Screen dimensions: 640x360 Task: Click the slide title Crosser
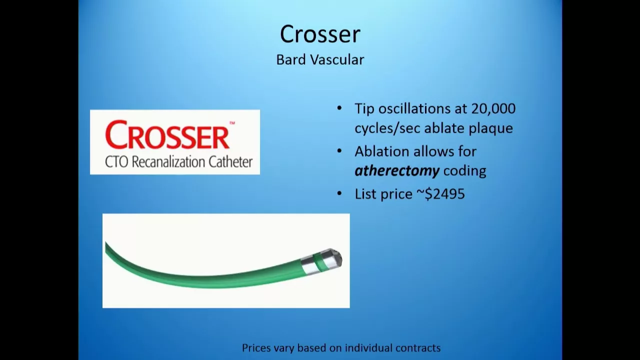click(320, 34)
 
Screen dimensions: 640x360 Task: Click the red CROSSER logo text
click(167, 134)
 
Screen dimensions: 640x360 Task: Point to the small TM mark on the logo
click(232, 123)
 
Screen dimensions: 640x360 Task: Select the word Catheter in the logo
click(230, 162)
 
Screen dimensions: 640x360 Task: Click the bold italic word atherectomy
click(397, 171)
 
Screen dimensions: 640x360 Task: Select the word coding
click(465, 171)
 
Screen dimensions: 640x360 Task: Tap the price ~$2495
click(441, 194)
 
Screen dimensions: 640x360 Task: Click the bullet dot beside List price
click(339, 194)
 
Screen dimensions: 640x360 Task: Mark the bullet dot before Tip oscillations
click(339, 108)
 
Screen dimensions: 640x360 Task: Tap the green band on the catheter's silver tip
click(317, 262)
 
